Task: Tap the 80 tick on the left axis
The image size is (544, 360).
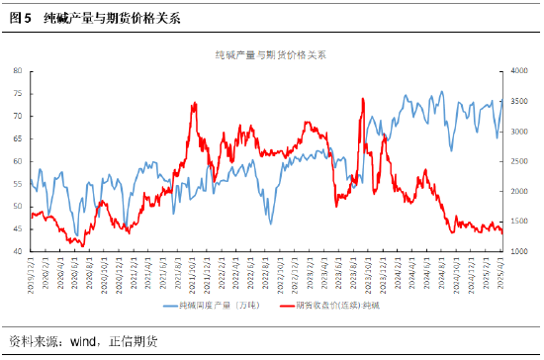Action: coord(19,71)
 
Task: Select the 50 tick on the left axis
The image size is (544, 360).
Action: coord(19,207)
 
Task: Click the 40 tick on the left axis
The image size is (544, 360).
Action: coord(19,252)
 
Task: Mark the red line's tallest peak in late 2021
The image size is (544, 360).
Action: coord(194,103)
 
